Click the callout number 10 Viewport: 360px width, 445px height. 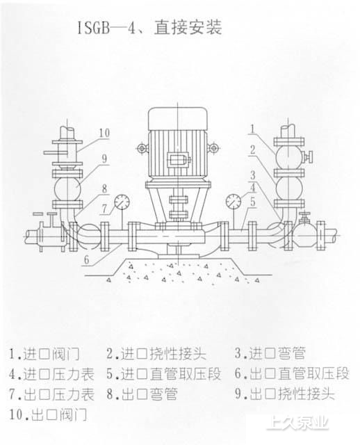pos(104,133)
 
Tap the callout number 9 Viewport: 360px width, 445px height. pos(105,159)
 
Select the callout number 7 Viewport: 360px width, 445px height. pos(104,209)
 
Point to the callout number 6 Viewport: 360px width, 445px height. pos(87,259)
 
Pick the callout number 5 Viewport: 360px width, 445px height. pos(252,202)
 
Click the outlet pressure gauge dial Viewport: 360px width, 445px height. pos(122,202)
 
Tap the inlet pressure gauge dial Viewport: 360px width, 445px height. pos(234,202)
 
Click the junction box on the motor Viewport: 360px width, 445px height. pos(178,161)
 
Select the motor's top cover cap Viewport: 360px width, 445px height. pos(178,118)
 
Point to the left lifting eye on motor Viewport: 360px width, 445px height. pos(142,148)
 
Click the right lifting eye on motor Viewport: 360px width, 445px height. pos(213,148)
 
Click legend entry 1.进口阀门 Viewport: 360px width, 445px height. pos(44,354)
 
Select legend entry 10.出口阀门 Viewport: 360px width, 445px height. pos(48,414)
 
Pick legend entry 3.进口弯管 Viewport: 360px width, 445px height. pos(270,353)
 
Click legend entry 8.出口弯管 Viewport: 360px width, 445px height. pos(142,394)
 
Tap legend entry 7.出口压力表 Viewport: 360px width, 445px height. pos(51,394)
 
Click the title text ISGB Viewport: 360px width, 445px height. pos(94,29)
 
